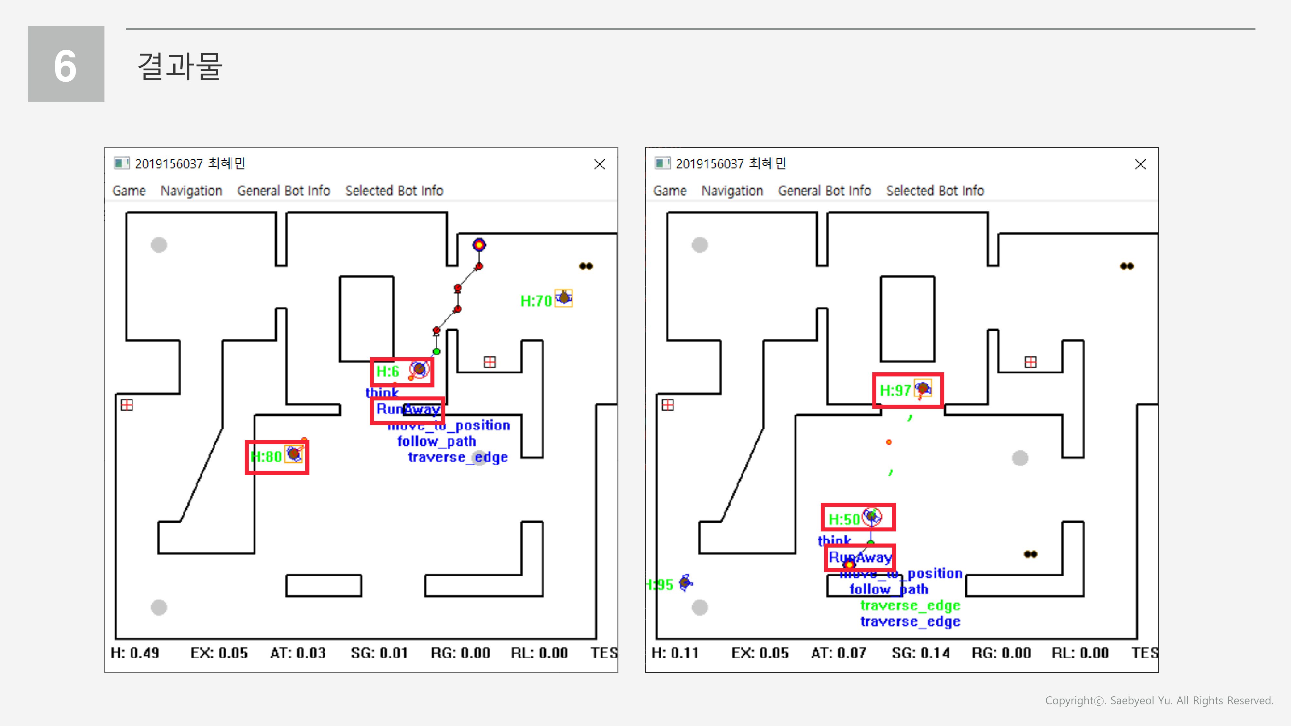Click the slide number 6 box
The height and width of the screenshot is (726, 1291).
[x=66, y=64]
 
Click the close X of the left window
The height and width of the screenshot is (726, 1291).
[x=599, y=164]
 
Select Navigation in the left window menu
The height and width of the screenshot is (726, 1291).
[x=191, y=191]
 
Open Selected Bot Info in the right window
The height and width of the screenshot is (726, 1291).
[x=935, y=191]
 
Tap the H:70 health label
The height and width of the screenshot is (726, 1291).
[x=536, y=301]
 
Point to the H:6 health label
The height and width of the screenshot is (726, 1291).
[x=387, y=371]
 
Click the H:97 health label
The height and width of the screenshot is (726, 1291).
[x=895, y=390]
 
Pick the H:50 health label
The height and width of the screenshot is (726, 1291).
[x=844, y=519]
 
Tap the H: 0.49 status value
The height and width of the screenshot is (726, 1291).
[x=135, y=653]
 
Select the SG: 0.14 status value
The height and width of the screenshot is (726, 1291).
[x=920, y=653]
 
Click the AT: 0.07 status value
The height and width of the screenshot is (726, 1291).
[x=839, y=653]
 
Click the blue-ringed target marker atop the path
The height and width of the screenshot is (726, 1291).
[x=479, y=245]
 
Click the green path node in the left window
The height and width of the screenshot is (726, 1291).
[x=436, y=352]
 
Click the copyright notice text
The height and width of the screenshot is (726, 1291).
[x=1159, y=701]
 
